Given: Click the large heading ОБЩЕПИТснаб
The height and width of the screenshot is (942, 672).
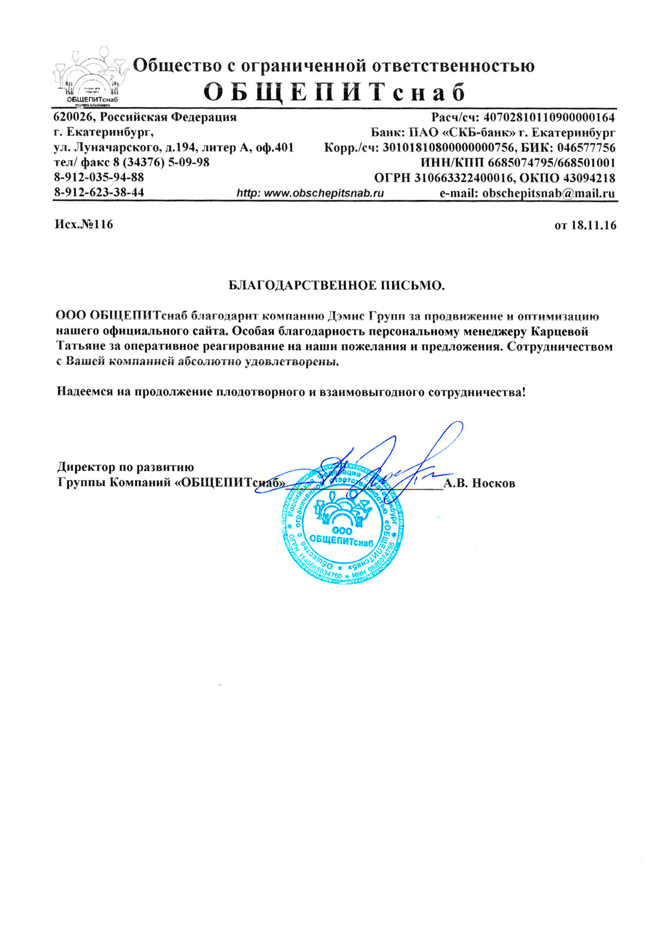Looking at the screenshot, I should tap(334, 92).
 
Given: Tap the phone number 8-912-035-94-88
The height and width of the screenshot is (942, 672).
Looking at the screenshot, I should tap(99, 177).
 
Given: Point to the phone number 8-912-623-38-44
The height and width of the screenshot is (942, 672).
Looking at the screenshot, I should tap(99, 192).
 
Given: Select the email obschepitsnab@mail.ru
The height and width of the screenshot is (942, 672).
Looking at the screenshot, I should tap(548, 193).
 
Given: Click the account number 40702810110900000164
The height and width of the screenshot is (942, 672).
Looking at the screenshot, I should tap(548, 117).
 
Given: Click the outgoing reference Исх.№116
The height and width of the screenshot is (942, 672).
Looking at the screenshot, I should tap(84, 224).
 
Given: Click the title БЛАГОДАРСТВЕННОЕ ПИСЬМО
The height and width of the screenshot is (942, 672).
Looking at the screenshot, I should tap(336, 286).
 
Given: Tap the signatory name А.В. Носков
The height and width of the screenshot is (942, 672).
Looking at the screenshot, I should tap(480, 483).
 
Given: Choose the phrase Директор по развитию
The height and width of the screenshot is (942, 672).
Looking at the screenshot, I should tap(125, 467).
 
